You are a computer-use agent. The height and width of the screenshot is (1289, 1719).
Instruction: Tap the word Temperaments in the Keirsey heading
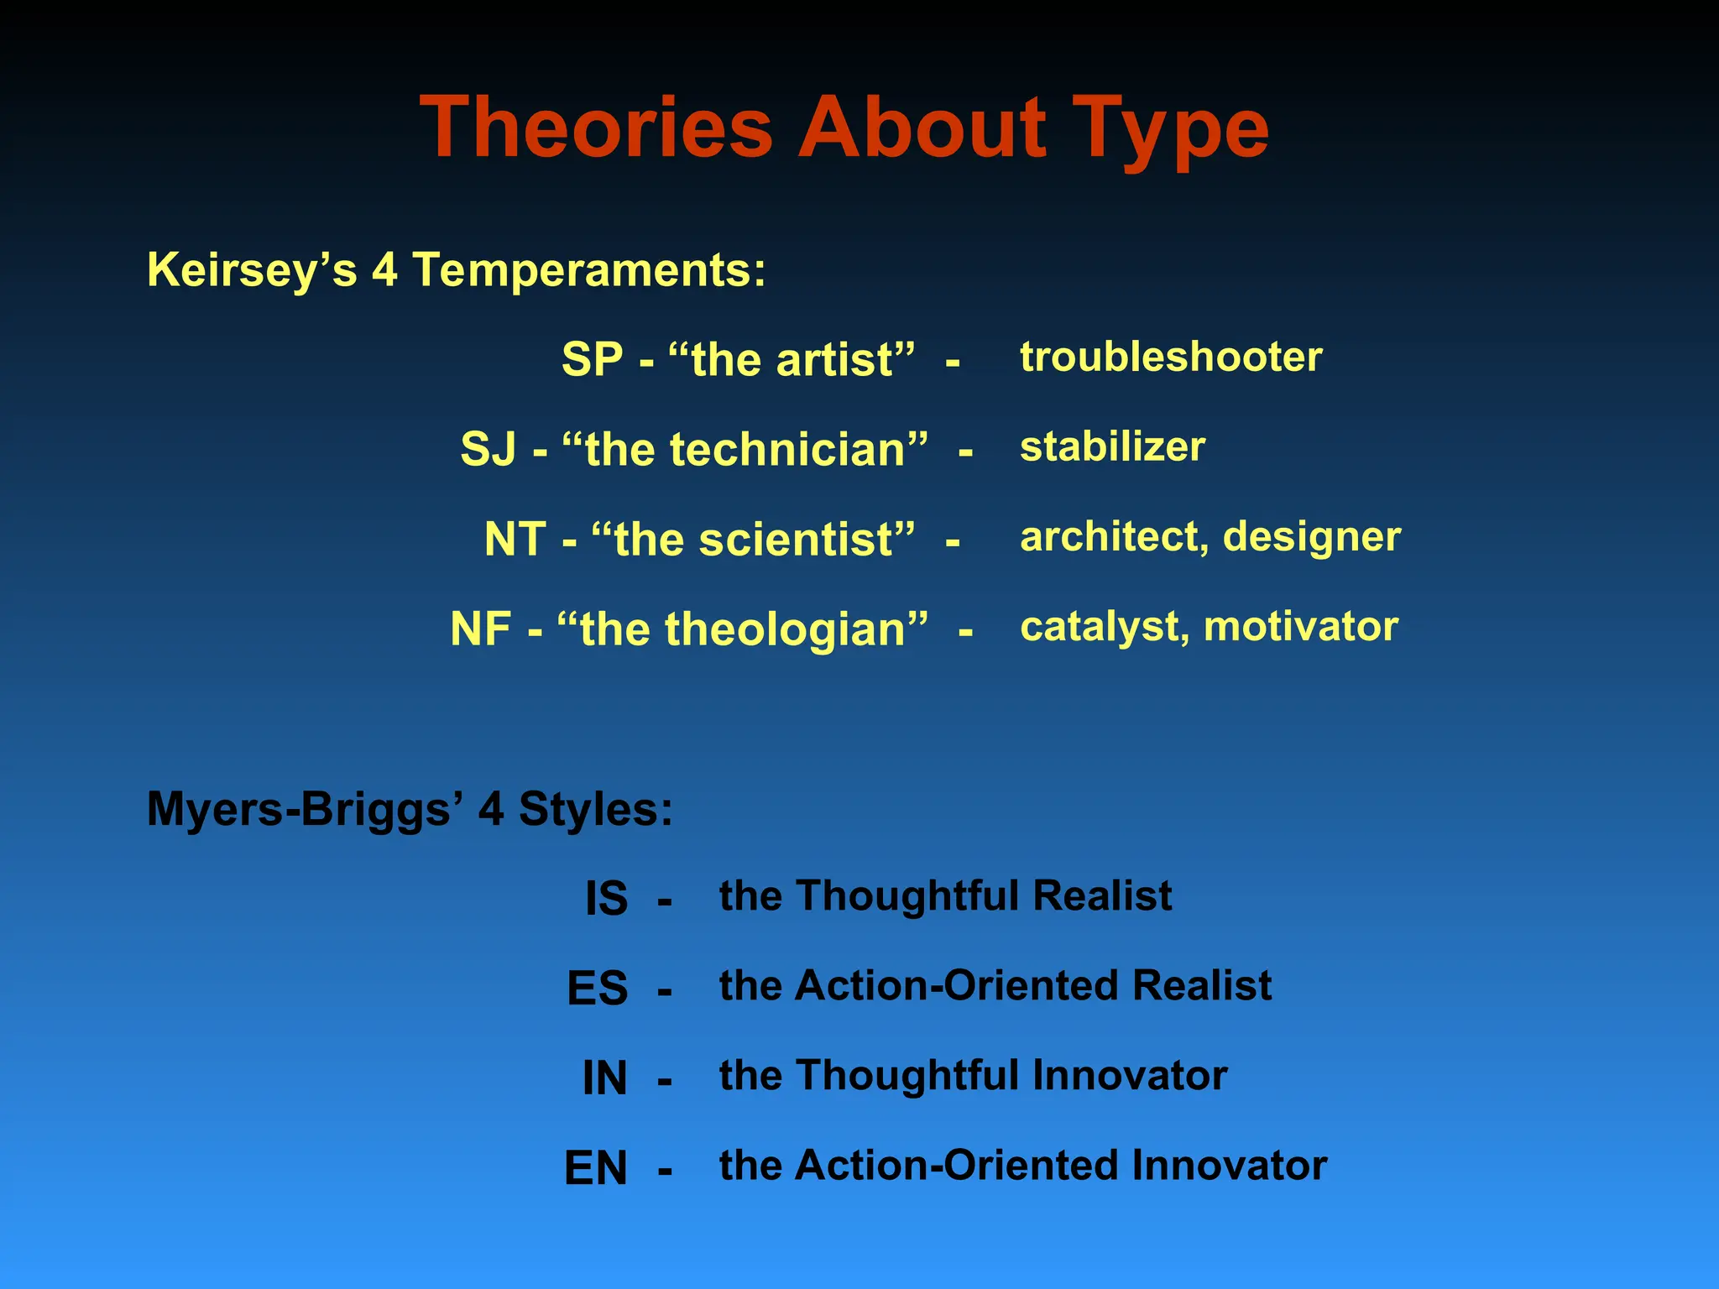pos(588,271)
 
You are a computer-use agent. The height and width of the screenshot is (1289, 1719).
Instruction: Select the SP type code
pos(592,360)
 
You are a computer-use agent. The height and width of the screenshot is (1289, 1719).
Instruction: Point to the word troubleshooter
pos(1171,357)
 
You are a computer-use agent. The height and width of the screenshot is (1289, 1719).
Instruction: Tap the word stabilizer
pos(1112,446)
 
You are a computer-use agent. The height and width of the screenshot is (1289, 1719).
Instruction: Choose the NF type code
pos(481,629)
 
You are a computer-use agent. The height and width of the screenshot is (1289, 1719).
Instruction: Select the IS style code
pos(606,899)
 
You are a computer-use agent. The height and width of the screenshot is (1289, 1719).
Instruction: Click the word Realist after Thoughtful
pos(1101,895)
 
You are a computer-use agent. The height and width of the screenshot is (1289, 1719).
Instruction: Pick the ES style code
pos(597,989)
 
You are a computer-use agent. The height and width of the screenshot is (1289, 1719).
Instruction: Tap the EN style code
pos(595,1168)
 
